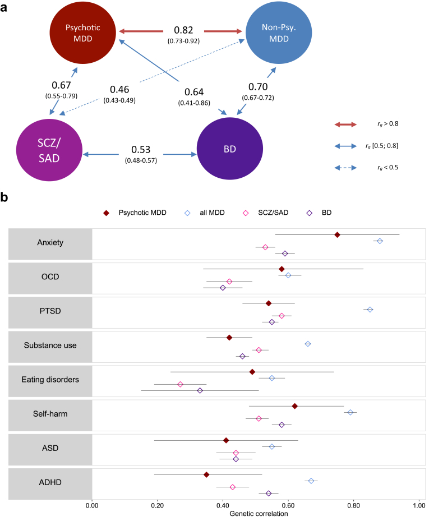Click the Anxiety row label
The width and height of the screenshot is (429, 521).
(x=49, y=243)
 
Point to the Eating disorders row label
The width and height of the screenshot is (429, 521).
(x=49, y=380)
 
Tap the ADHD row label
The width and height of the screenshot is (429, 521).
(x=49, y=482)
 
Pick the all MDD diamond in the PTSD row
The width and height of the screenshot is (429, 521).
(x=370, y=310)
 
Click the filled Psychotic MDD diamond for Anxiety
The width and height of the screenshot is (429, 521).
(x=337, y=235)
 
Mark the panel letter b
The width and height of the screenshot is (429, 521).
(x=5, y=197)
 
